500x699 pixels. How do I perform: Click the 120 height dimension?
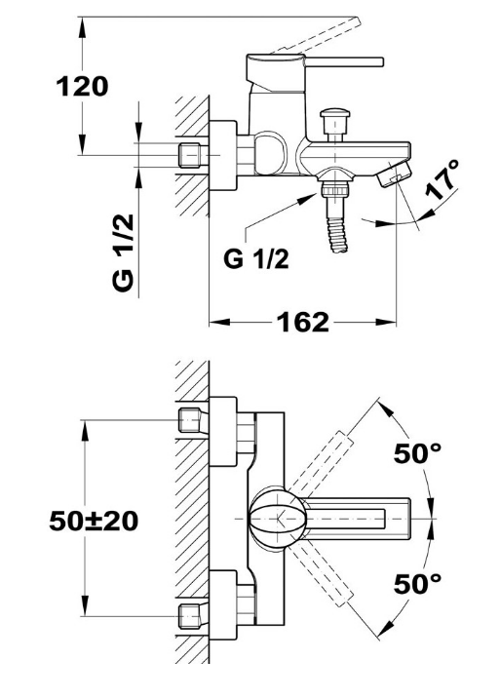tap(82, 87)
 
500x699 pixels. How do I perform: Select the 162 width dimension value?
tap(303, 322)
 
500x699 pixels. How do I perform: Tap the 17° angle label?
tap(442, 179)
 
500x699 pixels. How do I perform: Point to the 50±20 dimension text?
tap(94, 521)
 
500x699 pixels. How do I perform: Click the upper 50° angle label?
tap(417, 453)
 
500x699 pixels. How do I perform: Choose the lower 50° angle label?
tap(417, 584)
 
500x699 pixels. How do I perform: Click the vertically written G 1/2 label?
tap(124, 252)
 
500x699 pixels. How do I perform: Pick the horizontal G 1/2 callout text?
tap(256, 258)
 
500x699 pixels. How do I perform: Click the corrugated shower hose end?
tap(337, 234)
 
